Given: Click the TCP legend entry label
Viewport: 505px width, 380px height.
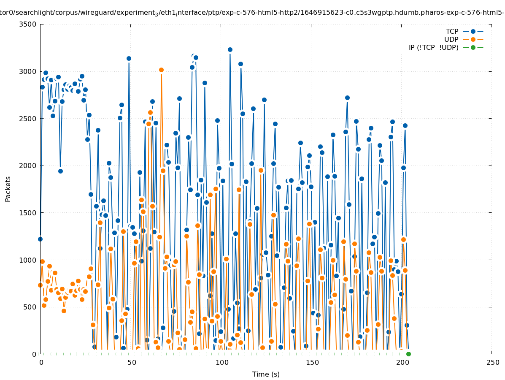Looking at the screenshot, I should tap(452, 31).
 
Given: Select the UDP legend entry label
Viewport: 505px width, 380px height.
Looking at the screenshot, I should tap(451, 39).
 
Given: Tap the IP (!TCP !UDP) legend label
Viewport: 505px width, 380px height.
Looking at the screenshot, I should tap(433, 47).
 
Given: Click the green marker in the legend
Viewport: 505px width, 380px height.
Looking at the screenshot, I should tap(473, 47).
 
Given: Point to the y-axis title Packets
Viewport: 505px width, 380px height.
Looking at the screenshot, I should tap(8, 189).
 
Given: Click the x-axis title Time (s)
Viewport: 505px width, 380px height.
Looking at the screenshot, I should tap(266, 374).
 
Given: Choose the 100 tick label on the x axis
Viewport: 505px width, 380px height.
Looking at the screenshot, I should tap(221, 362).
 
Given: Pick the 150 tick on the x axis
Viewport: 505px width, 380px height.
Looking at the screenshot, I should tap(312, 362).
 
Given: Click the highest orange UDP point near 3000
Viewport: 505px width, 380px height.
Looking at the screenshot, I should tap(161, 70).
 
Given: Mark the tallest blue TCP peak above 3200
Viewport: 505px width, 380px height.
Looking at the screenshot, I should tap(230, 49).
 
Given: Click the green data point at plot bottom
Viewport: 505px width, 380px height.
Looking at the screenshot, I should tap(408, 354).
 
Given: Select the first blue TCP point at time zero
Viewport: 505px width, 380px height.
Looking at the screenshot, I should tap(40, 239).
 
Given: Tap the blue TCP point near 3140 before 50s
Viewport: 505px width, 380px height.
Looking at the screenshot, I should tap(129, 58).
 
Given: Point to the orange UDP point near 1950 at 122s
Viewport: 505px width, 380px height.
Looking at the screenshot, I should tap(261, 170).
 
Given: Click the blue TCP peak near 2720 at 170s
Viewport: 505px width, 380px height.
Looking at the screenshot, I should tap(347, 98).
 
